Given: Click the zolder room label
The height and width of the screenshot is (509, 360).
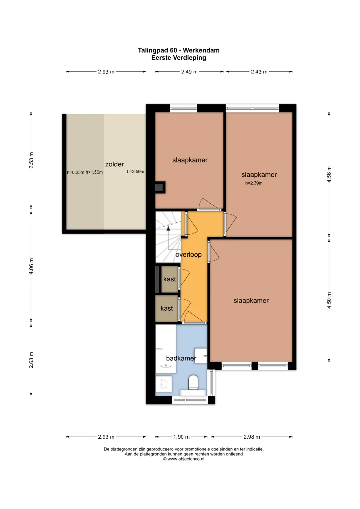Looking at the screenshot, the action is [114, 164].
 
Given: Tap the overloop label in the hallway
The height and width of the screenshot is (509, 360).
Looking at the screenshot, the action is [188, 255].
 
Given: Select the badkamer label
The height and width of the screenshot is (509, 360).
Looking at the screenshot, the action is [181, 358].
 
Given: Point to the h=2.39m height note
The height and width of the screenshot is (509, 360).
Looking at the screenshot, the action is [254, 183].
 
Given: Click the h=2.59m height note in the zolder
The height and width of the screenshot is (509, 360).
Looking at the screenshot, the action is [135, 172].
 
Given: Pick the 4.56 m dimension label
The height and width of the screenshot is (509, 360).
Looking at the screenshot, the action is [329, 174].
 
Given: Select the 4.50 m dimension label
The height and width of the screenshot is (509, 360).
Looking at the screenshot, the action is [329, 300].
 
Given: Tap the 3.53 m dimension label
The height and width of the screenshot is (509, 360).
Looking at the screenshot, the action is [31, 160].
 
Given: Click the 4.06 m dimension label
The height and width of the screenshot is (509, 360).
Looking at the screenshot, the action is [31, 266].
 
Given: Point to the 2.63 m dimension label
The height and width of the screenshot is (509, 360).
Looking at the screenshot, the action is [31, 360].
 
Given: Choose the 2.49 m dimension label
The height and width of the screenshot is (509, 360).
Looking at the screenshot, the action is [189, 72].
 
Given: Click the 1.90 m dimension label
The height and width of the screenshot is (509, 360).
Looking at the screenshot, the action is [181, 437].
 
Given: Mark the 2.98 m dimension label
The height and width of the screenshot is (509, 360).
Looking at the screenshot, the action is [252, 437].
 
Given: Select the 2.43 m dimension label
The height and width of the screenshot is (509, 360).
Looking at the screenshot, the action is [259, 72].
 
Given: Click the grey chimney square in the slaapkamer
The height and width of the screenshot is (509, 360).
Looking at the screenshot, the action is [159, 187].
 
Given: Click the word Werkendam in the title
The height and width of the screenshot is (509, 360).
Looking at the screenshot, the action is [201, 50].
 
